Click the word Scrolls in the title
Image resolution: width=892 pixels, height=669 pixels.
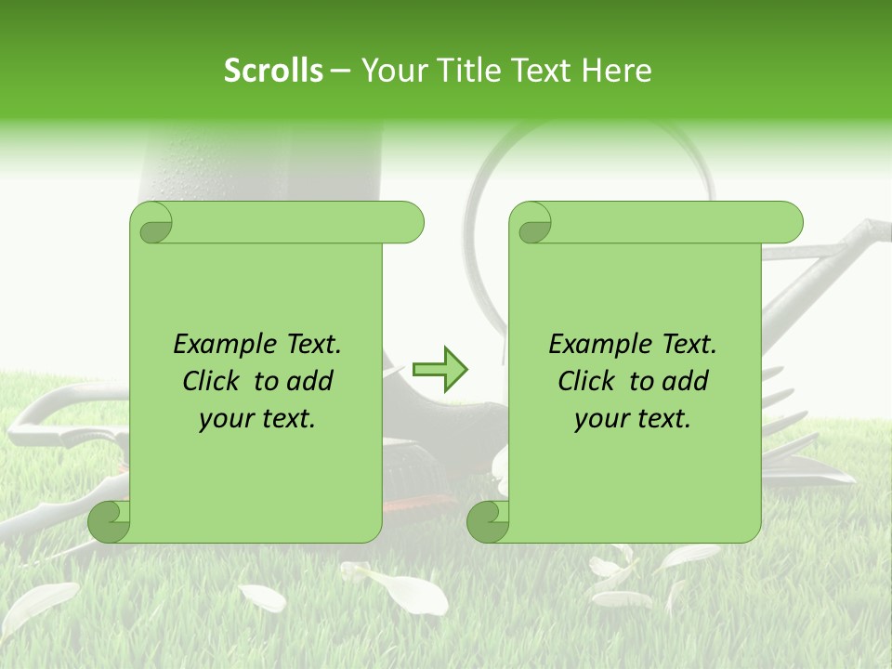tap(273, 71)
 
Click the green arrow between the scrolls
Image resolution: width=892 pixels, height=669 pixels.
tap(439, 370)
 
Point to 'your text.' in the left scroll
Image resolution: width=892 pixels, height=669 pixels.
tap(257, 419)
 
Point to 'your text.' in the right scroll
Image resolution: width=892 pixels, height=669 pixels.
tap(633, 419)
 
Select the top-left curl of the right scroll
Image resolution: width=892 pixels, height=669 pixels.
tap(532, 224)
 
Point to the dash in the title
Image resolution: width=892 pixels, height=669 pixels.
tap(340, 72)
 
